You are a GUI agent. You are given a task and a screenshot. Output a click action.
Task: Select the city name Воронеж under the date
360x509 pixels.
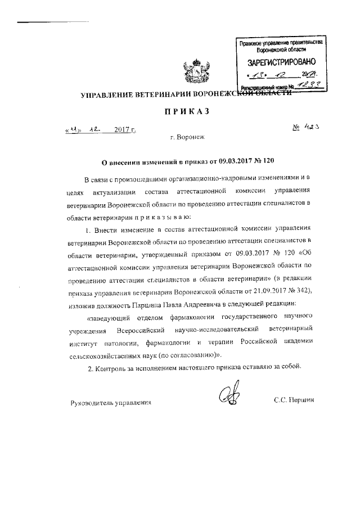tap(188, 137)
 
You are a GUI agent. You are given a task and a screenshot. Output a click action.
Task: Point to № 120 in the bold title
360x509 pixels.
tap(264, 161)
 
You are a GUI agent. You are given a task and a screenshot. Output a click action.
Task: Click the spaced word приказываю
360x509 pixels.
tap(159, 217)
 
